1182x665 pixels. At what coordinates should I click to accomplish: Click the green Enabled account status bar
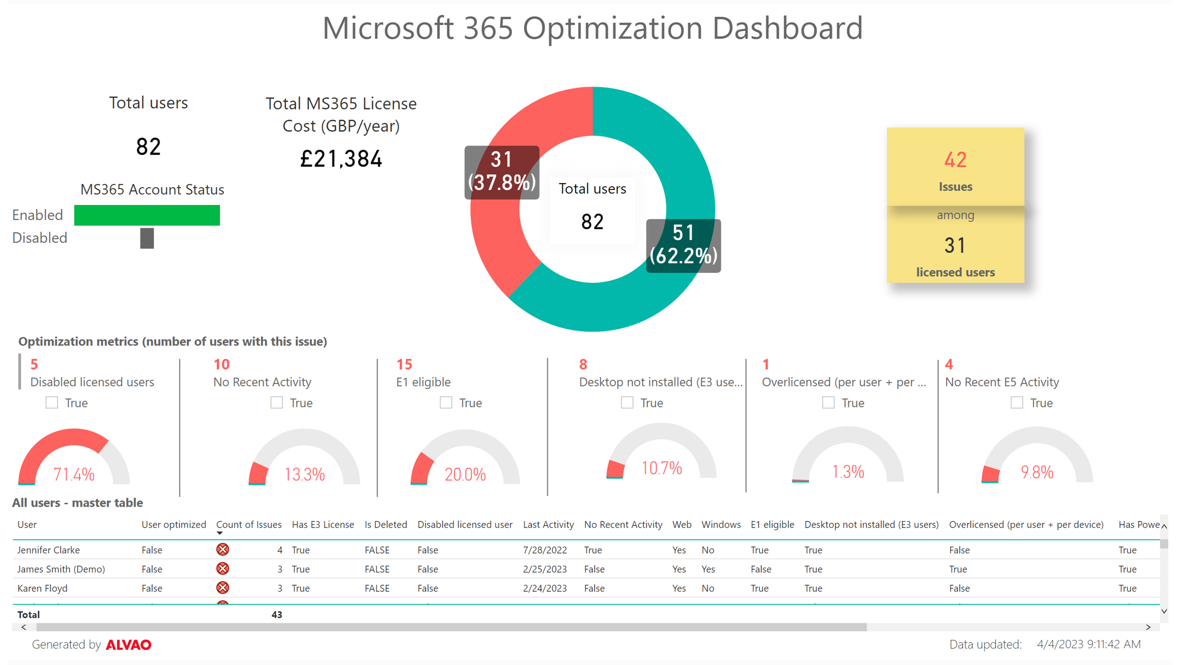point(147,215)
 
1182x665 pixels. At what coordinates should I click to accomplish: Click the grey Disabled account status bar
point(147,238)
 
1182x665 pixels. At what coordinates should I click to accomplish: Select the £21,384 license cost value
point(341,159)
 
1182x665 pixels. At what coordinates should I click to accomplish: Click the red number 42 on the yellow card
point(955,160)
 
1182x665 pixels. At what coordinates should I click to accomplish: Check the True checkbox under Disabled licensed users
point(52,403)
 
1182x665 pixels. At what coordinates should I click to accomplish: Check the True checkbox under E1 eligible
point(446,403)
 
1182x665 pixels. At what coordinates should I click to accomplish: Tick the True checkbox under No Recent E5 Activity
point(1017,403)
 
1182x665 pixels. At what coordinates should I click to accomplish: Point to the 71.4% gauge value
point(74,474)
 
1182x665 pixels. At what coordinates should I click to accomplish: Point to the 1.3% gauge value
point(848,471)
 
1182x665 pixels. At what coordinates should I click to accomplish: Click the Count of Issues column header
point(249,525)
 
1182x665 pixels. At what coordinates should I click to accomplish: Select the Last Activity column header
point(548,525)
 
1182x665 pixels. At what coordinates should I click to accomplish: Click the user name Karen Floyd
point(42,588)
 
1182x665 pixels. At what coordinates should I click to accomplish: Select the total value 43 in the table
point(277,614)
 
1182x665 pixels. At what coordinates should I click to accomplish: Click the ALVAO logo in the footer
point(129,645)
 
